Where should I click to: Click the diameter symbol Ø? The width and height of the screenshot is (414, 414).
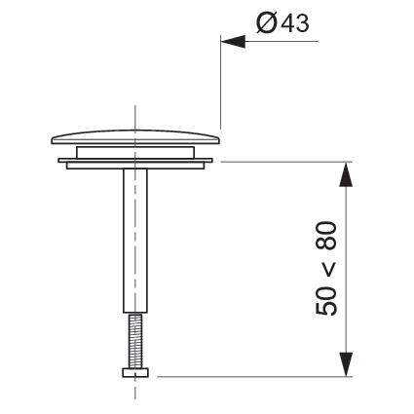click(267, 23)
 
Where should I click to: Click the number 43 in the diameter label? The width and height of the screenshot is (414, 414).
click(295, 23)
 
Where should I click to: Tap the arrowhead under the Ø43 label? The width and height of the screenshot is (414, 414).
click(233, 41)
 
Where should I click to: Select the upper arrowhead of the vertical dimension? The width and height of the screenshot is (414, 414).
click(346, 174)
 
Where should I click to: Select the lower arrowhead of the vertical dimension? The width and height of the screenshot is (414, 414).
click(346, 364)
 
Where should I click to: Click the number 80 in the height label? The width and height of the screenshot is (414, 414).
click(326, 236)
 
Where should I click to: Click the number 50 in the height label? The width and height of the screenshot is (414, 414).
click(326, 300)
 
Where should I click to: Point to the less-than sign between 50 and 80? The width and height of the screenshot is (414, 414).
click(326, 268)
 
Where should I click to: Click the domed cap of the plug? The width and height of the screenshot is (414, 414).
click(135, 137)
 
